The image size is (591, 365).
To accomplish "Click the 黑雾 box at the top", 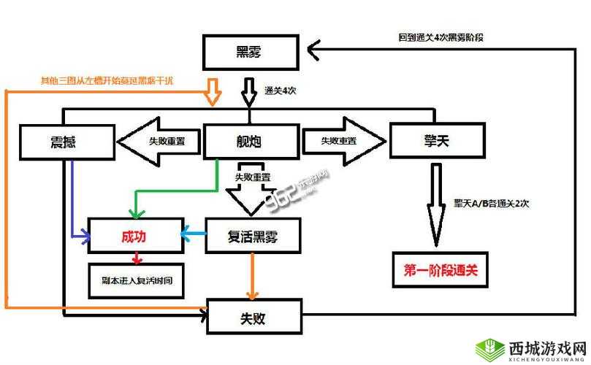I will pyautogui.click(x=251, y=53).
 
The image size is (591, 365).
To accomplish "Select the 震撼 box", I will pyautogui.click(x=67, y=142).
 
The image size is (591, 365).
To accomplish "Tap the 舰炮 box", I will pyautogui.click(x=251, y=142).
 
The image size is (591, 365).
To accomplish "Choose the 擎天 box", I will pyautogui.click(x=437, y=140).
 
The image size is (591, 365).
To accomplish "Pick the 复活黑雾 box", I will pyautogui.click(x=253, y=236).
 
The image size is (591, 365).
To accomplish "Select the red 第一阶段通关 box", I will pyautogui.click(x=440, y=270).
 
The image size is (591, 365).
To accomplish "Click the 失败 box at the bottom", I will pyautogui.click(x=253, y=317).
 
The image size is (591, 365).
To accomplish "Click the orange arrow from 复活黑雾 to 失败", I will pyautogui.click(x=253, y=277).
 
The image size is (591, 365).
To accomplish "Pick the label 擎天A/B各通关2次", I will pyautogui.click(x=490, y=203).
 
